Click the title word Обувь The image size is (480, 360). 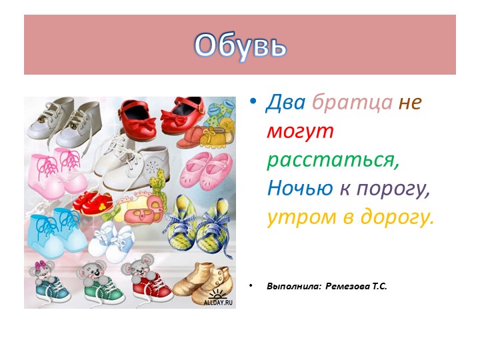pyautogui.click(x=240, y=45)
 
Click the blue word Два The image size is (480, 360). pyautogui.click(x=285, y=103)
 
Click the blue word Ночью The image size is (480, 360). pyautogui.click(x=299, y=189)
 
